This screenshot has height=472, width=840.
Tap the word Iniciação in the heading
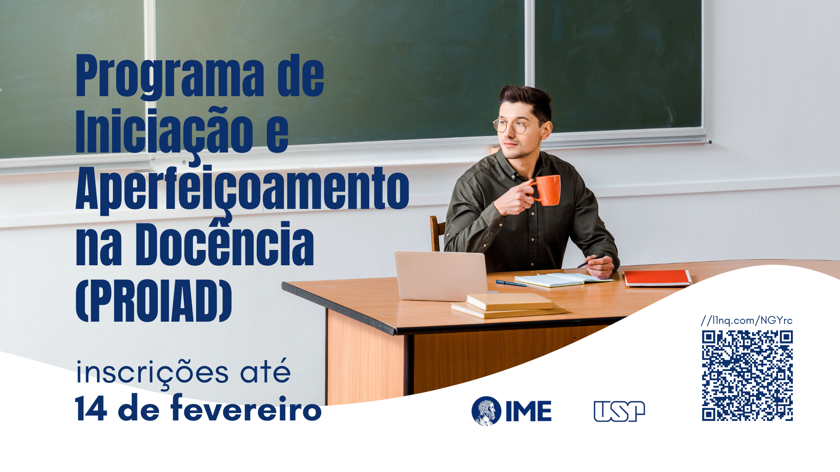(x=164, y=133)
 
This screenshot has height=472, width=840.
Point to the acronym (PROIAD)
(x=154, y=301)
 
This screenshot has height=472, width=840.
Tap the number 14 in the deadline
(x=91, y=408)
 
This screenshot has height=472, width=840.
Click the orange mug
(x=546, y=190)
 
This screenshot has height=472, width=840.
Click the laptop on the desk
(x=441, y=276)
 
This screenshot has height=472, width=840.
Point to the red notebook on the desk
(x=657, y=278)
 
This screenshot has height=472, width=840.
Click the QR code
(x=747, y=376)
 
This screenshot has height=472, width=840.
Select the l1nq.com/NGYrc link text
(x=747, y=320)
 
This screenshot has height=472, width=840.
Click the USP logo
(x=619, y=411)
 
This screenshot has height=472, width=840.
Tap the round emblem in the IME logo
(x=486, y=411)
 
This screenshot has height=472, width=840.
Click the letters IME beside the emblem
(x=528, y=411)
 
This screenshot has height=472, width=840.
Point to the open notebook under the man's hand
(x=563, y=280)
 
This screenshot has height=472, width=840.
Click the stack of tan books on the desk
(x=508, y=305)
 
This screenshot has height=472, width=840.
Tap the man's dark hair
(x=527, y=98)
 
